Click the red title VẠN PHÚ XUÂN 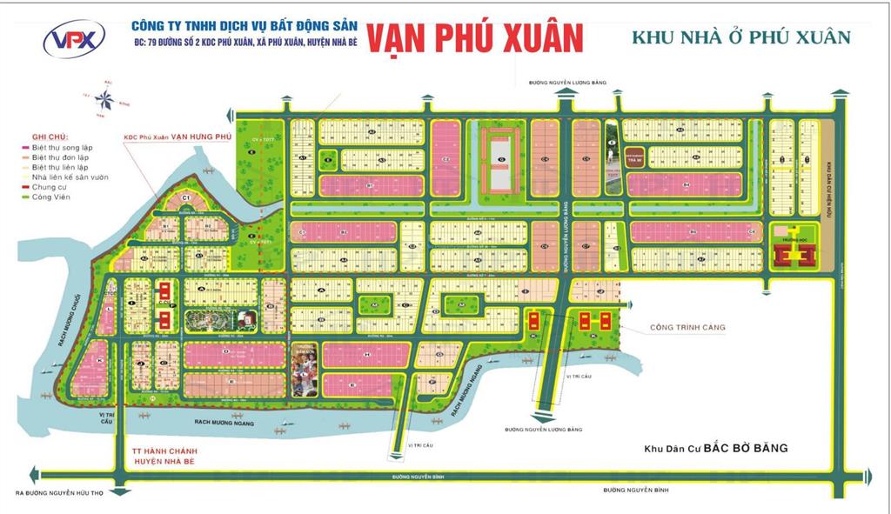(473, 38)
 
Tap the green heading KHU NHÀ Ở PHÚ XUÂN (740, 37)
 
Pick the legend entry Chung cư (52, 186)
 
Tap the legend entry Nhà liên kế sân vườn (70, 177)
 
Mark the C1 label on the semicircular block (186, 199)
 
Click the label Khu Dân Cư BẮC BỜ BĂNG (715, 449)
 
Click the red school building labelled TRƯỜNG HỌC (792, 256)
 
